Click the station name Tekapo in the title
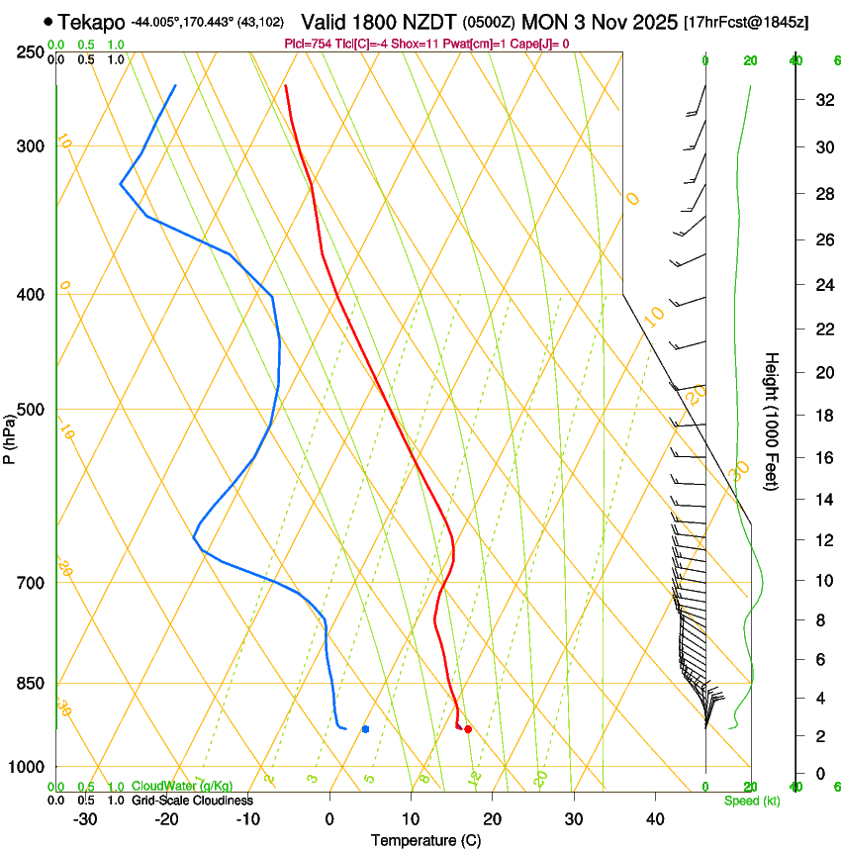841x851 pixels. [91, 22]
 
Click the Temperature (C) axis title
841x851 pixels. [425, 840]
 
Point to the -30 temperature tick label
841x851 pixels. [85, 818]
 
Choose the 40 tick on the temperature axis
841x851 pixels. [655, 818]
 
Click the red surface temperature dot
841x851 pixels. [468, 730]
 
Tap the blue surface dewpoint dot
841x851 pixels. [366, 729]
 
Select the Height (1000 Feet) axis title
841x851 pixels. [772, 421]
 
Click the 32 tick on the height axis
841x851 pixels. [822, 100]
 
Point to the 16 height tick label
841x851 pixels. [822, 457]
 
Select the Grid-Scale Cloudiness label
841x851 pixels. [192, 800]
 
